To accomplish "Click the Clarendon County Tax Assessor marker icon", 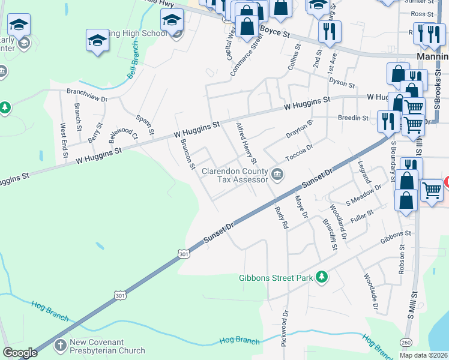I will (277, 175).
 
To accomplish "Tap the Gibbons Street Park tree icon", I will (322, 276).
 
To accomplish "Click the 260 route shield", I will (406, 342).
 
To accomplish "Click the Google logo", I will (20, 353).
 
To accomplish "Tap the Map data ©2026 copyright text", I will (424, 355).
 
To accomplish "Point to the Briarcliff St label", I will (329, 233).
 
